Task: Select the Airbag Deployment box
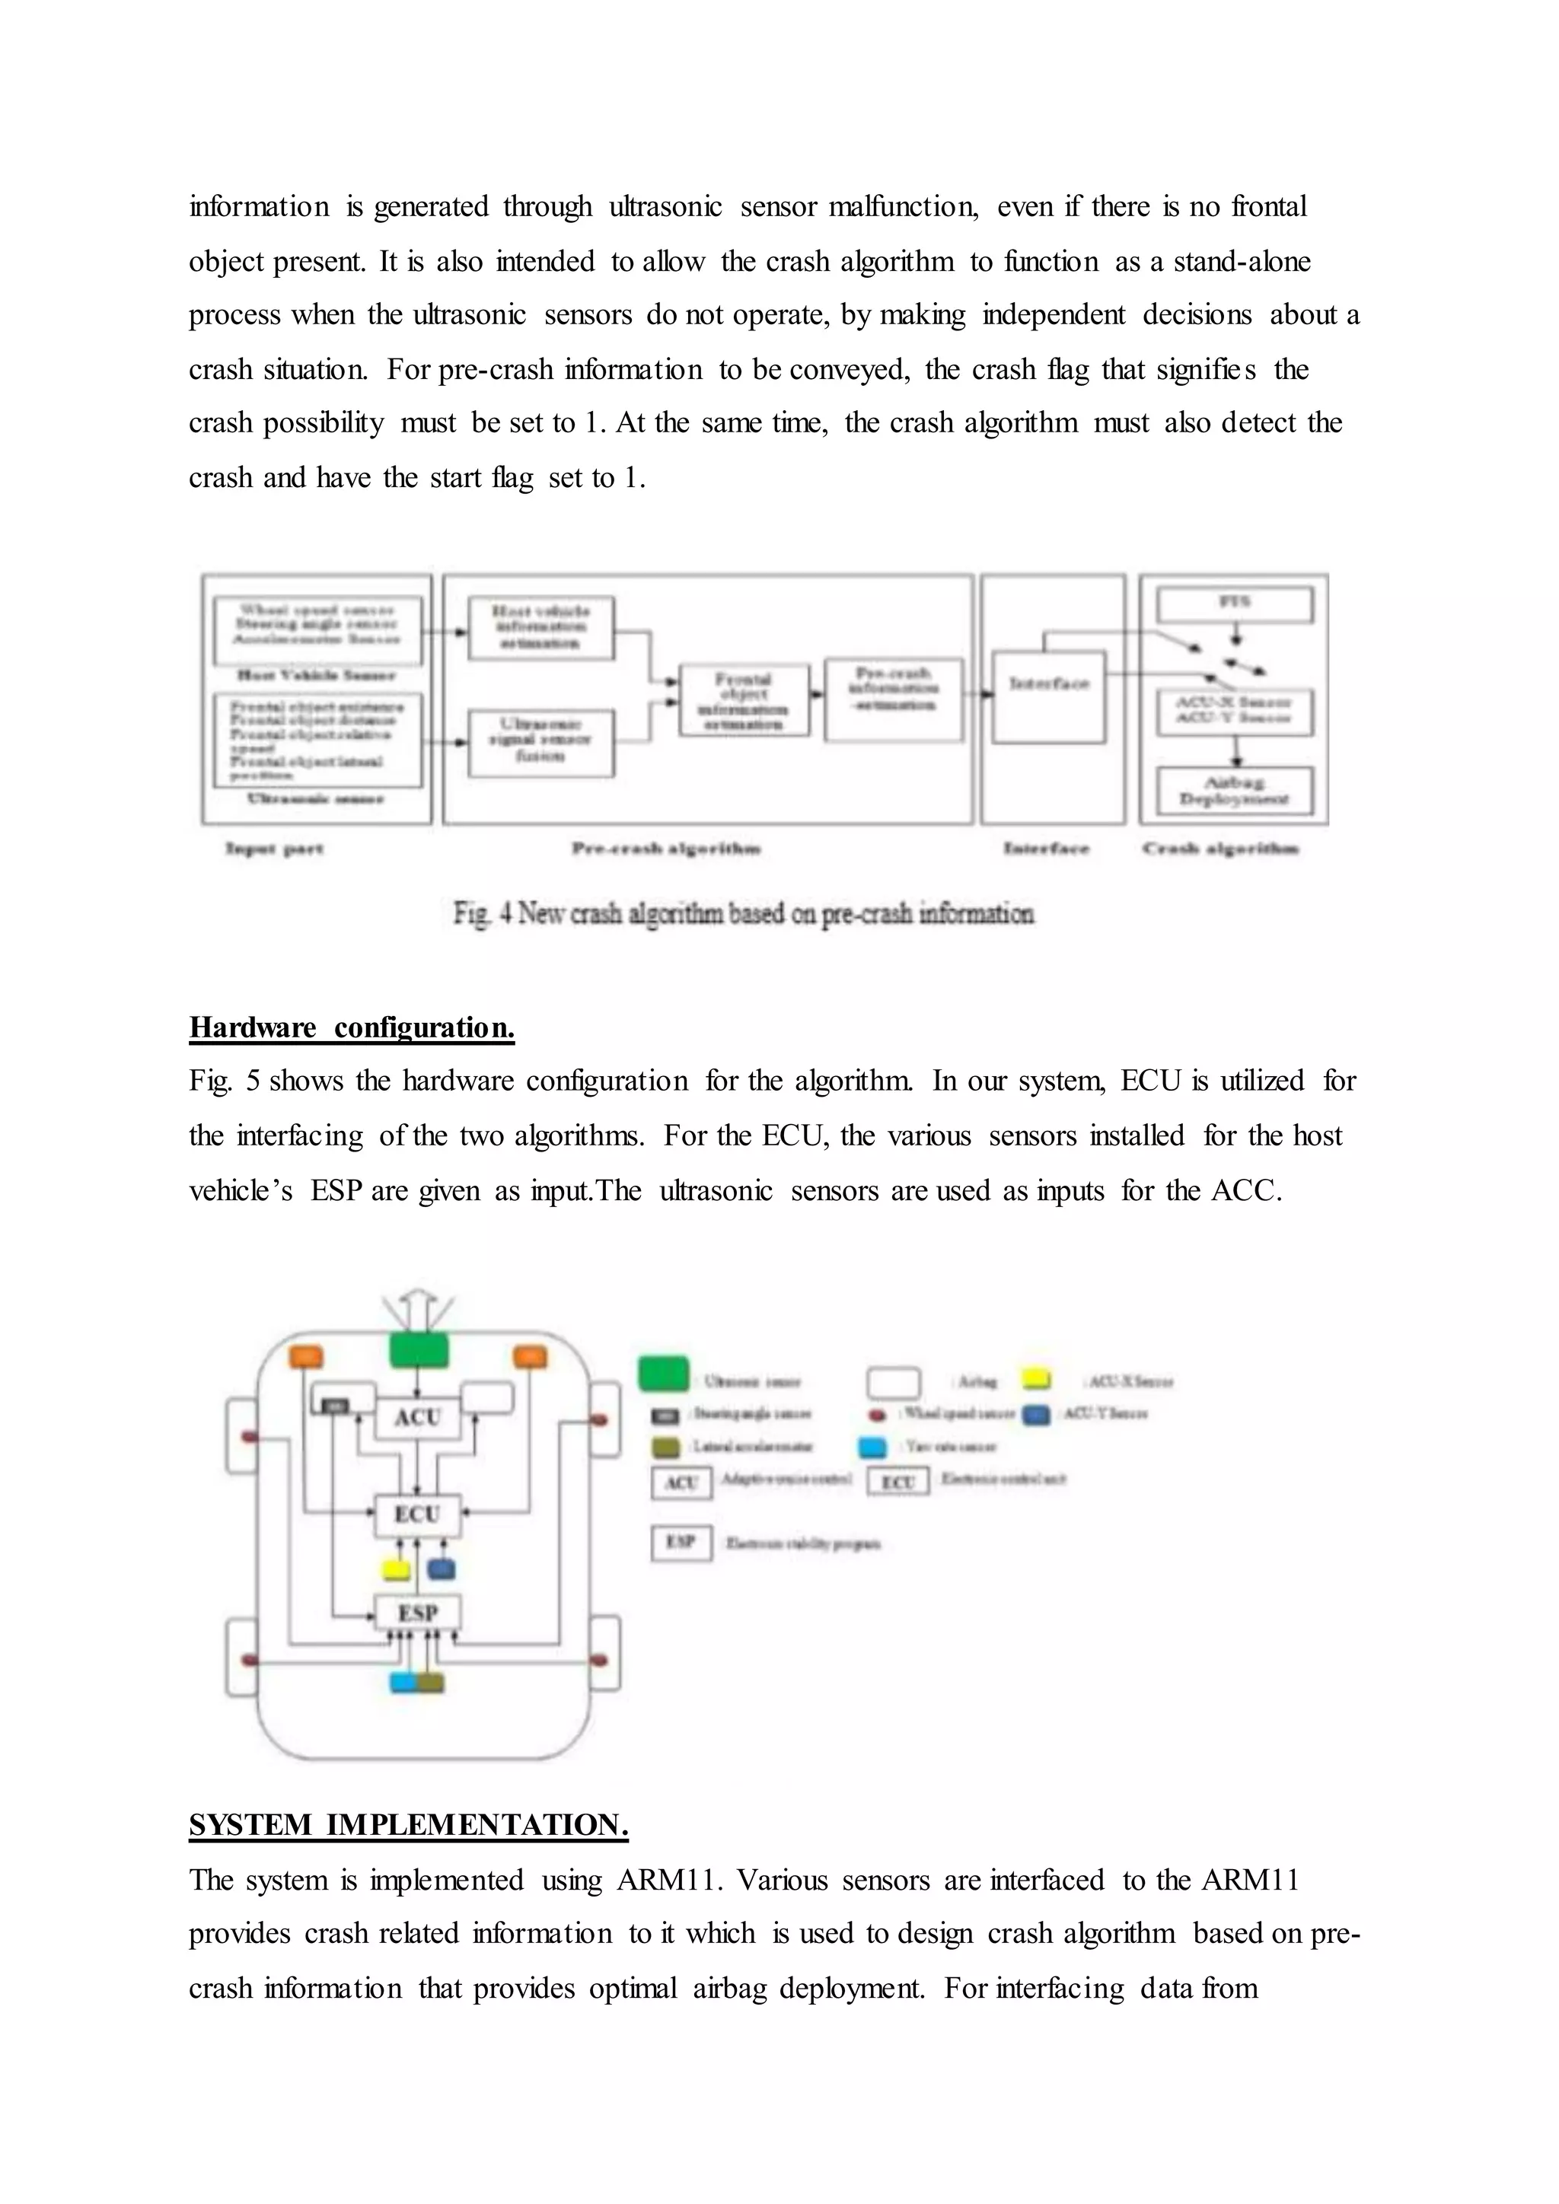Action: (x=1235, y=790)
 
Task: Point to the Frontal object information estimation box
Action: (x=743, y=701)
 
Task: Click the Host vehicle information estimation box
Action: (x=540, y=627)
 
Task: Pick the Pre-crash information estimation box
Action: (x=894, y=698)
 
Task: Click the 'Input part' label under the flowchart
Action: (x=275, y=849)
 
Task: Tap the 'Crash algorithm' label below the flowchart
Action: (x=1220, y=849)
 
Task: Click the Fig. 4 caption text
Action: (x=744, y=913)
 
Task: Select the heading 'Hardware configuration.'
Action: (x=352, y=1028)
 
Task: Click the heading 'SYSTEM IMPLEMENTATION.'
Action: (x=408, y=1825)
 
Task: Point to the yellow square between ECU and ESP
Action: (x=396, y=1569)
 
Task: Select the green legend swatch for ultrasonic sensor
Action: (x=663, y=1374)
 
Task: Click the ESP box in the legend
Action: (x=681, y=1543)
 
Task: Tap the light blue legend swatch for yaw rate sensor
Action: (x=872, y=1447)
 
